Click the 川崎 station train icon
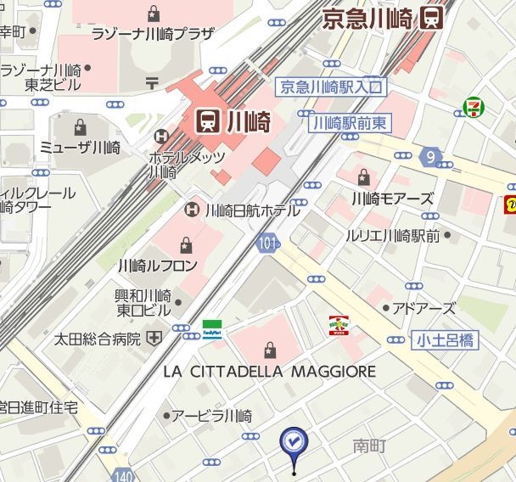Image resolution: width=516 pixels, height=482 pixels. pyautogui.click(x=206, y=122)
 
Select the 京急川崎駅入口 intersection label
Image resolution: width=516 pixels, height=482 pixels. pyautogui.click(x=332, y=87)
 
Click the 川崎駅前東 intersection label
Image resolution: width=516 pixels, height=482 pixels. pyautogui.click(x=350, y=123)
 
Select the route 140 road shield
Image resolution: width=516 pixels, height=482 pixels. pyautogui.click(x=124, y=474)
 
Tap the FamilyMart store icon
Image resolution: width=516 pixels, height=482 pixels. pyautogui.click(x=213, y=328)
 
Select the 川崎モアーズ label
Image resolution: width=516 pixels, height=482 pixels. pyautogui.click(x=392, y=199)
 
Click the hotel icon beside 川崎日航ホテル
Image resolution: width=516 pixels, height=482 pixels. pyautogui.click(x=193, y=209)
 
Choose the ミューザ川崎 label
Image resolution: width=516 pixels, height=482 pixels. pyautogui.click(x=81, y=147)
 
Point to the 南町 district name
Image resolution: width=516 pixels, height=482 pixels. pyautogui.click(x=370, y=445)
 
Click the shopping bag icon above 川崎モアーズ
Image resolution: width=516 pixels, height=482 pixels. pyautogui.click(x=364, y=177)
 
